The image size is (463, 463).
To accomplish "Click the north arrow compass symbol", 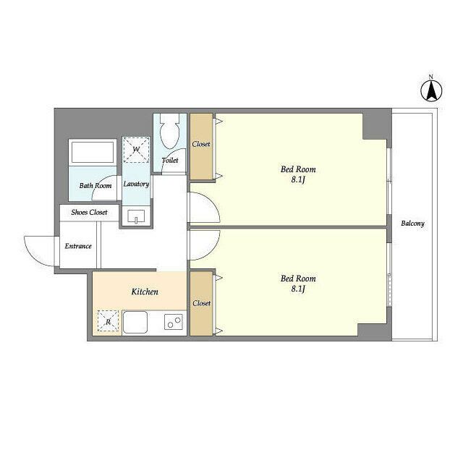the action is [431, 90].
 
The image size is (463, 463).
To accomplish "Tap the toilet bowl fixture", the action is [170, 131].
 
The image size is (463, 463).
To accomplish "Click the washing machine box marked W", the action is [136, 150].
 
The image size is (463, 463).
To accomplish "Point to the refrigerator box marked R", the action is [108, 320].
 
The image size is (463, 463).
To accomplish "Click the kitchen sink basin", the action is [135, 322].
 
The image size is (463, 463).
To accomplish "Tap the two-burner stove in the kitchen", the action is [174, 322].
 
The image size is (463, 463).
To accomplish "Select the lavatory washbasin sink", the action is [136, 216].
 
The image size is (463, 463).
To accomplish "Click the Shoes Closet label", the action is [89, 212].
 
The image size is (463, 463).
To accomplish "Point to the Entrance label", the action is [78, 246].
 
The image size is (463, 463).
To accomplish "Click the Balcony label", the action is [412, 224].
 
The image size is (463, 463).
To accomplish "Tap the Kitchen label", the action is [145, 292].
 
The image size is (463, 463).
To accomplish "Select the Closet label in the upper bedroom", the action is [201, 144].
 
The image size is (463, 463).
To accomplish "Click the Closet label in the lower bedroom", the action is [202, 303].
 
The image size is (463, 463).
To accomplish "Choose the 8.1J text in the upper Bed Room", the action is [297, 179].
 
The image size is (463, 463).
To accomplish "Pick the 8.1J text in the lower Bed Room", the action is [297, 289].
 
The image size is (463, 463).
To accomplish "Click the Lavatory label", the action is [136, 184].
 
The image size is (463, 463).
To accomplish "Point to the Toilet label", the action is [170, 161].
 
